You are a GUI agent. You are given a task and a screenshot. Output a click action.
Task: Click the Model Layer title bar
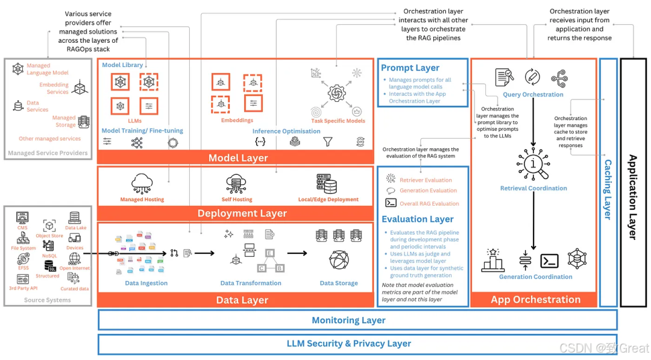tap(238, 158)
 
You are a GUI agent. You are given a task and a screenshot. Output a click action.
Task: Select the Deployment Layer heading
tap(242, 213)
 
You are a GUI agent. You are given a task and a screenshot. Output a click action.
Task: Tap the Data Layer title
tap(242, 300)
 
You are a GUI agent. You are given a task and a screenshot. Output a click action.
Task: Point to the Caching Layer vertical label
tap(608, 189)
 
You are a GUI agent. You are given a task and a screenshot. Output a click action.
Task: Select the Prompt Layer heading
tap(410, 68)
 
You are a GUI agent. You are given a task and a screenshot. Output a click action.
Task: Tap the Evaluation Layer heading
tap(417, 219)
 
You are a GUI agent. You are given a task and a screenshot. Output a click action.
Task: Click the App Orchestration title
tap(535, 300)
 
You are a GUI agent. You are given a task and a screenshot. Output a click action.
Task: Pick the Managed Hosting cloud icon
tap(142, 183)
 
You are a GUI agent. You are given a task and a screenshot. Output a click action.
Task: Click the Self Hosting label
tap(237, 200)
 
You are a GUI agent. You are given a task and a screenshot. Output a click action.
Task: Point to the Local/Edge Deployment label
tap(328, 200)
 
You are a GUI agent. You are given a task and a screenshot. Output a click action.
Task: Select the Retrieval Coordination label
tap(533, 189)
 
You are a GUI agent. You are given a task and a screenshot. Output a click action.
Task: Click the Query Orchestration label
tap(533, 95)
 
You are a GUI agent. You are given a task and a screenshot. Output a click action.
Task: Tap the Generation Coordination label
tap(535, 277)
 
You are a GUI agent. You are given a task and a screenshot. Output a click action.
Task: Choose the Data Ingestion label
tap(146, 283)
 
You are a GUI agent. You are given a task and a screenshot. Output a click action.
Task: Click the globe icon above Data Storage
tap(339, 260)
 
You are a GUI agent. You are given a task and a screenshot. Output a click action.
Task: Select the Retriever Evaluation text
tap(426, 180)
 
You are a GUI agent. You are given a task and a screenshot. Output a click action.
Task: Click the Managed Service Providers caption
tap(48, 154)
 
